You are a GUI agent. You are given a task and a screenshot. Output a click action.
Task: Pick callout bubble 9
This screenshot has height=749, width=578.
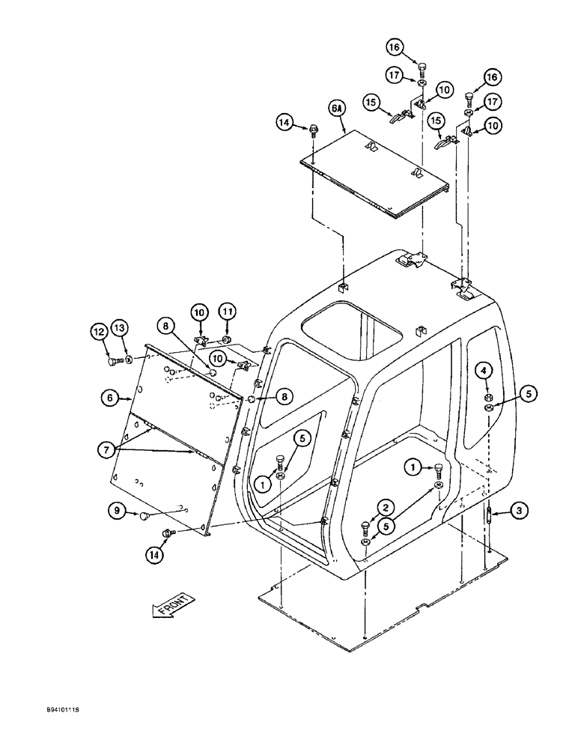tap(115, 512)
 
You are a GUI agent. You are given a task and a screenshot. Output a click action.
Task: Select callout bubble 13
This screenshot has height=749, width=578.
tap(121, 327)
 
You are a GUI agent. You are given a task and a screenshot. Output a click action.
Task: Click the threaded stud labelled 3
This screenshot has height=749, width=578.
tap(487, 518)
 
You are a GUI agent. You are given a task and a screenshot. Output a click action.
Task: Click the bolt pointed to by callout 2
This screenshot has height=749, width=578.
tap(365, 527)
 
